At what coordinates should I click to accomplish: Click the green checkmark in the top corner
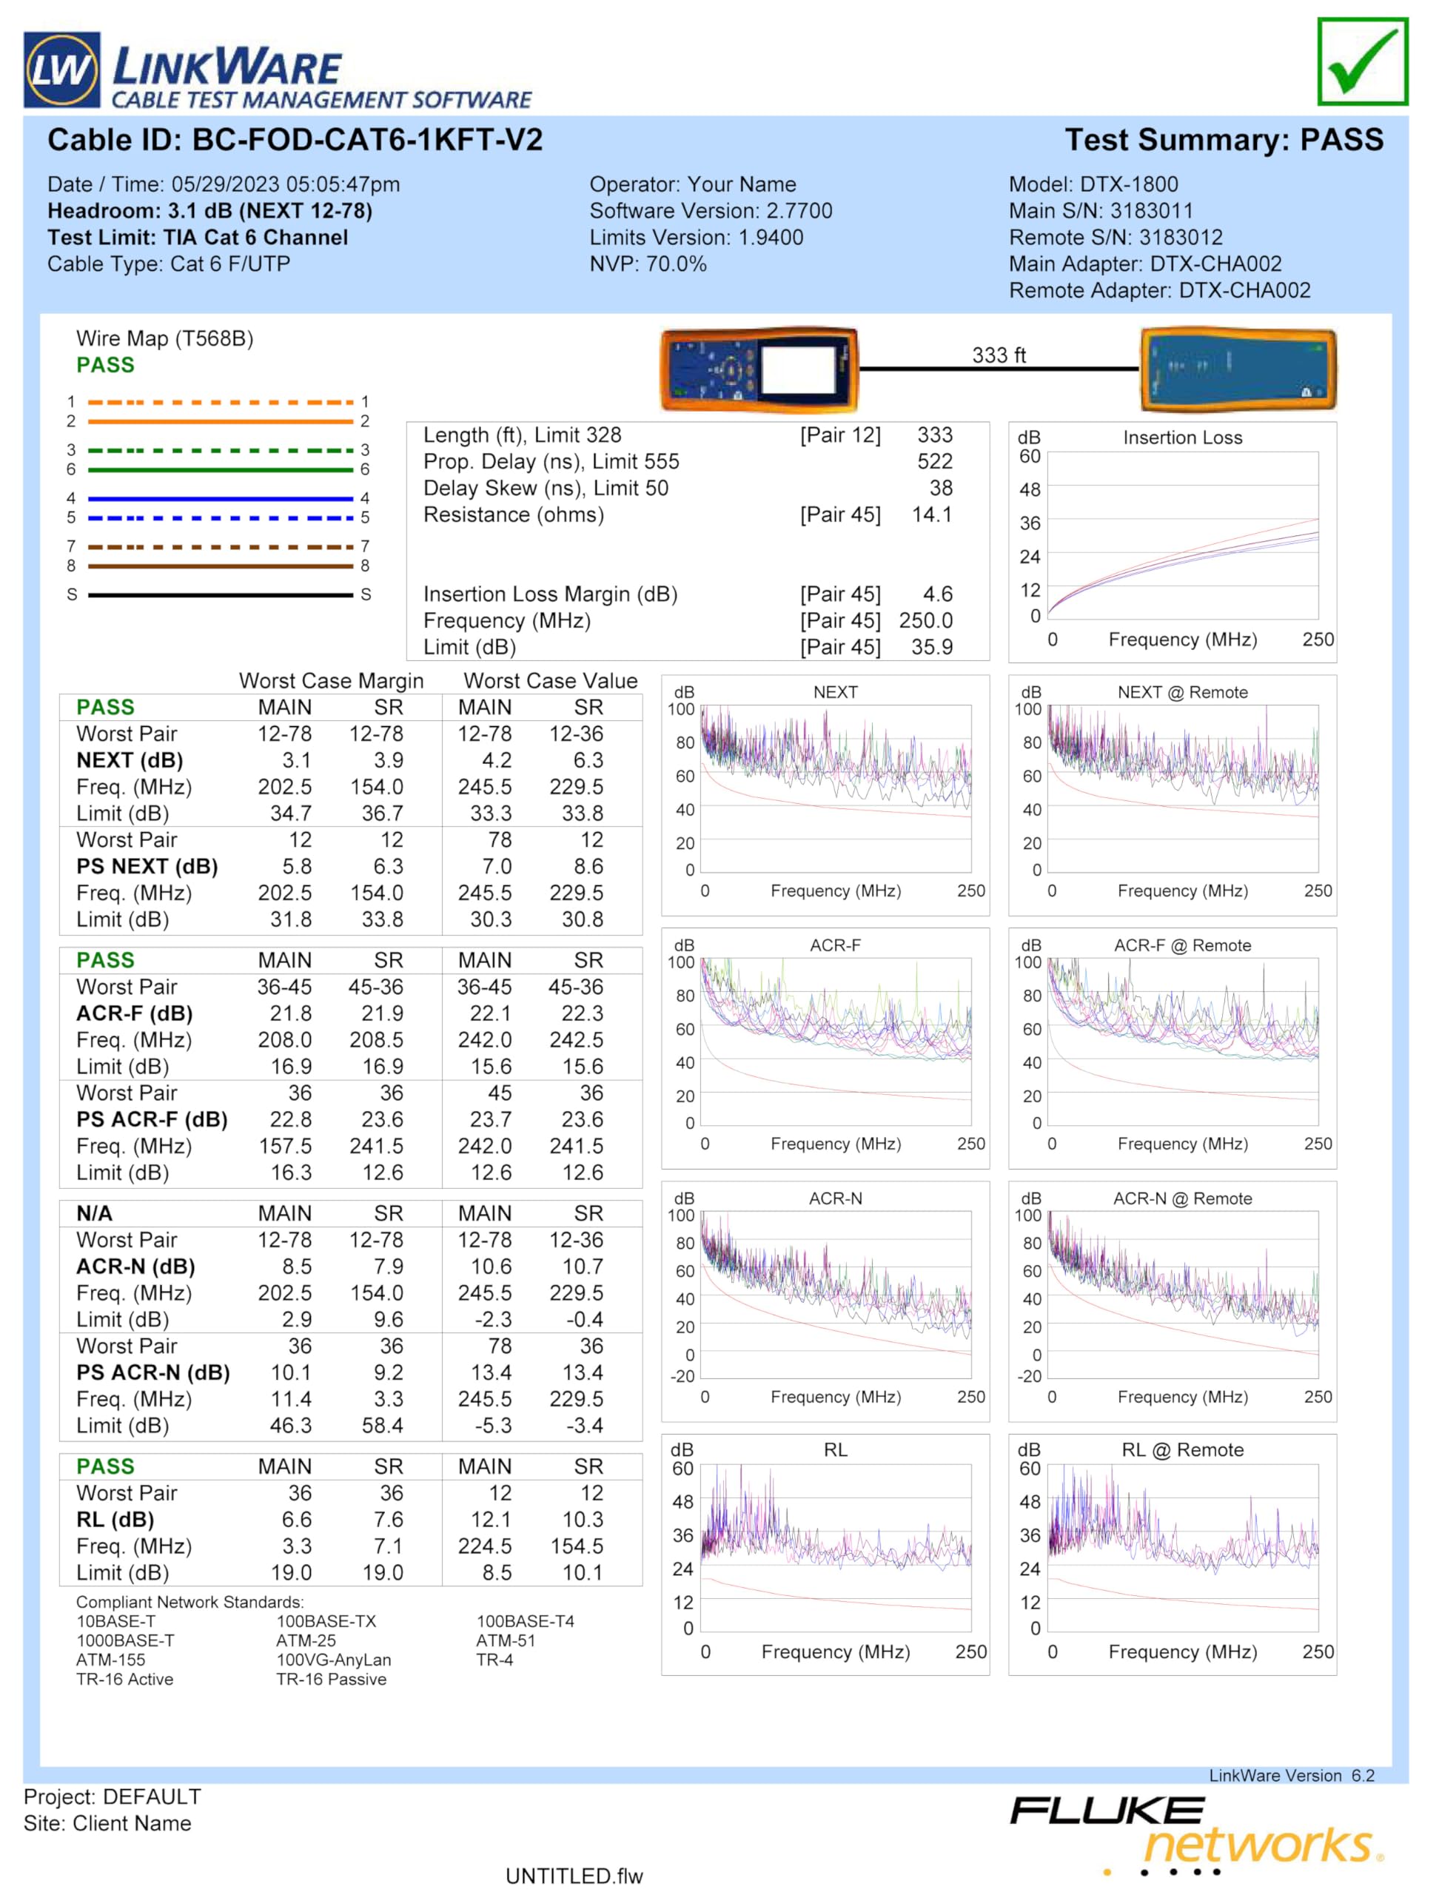pyautogui.click(x=1363, y=62)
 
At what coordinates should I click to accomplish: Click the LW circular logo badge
pyautogui.click(x=61, y=70)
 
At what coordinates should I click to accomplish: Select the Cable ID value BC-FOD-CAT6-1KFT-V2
pyautogui.click(x=367, y=141)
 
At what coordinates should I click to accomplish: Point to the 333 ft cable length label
pyautogui.click(x=999, y=355)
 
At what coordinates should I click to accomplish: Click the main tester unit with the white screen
pyautogui.click(x=759, y=369)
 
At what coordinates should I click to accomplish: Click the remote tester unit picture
pyautogui.click(x=1238, y=369)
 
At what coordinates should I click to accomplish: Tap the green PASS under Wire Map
pyautogui.click(x=105, y=365)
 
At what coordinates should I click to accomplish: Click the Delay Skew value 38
pyautogui.click(x=942, y=489)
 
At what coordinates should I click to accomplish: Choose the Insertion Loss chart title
pyautogui.click(x=1183, y=437)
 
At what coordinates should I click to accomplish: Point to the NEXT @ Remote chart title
pyautogui.click(x=1183, y=692)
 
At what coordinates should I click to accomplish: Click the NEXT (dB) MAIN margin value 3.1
pyautogui.click(x=296, y=761)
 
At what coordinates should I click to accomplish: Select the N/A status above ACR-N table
pyautogui.click(x=94, y=1214)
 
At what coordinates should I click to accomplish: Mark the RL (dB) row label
pyautogui.click(x=115, y=1520)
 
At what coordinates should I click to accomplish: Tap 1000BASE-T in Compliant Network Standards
pyautogui.click(x=125, y=1640)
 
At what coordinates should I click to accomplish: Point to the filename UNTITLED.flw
pyautogui.click(x=574, y=1876)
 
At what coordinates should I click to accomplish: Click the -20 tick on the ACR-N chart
pyautogui.click(x=682, y=1377)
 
